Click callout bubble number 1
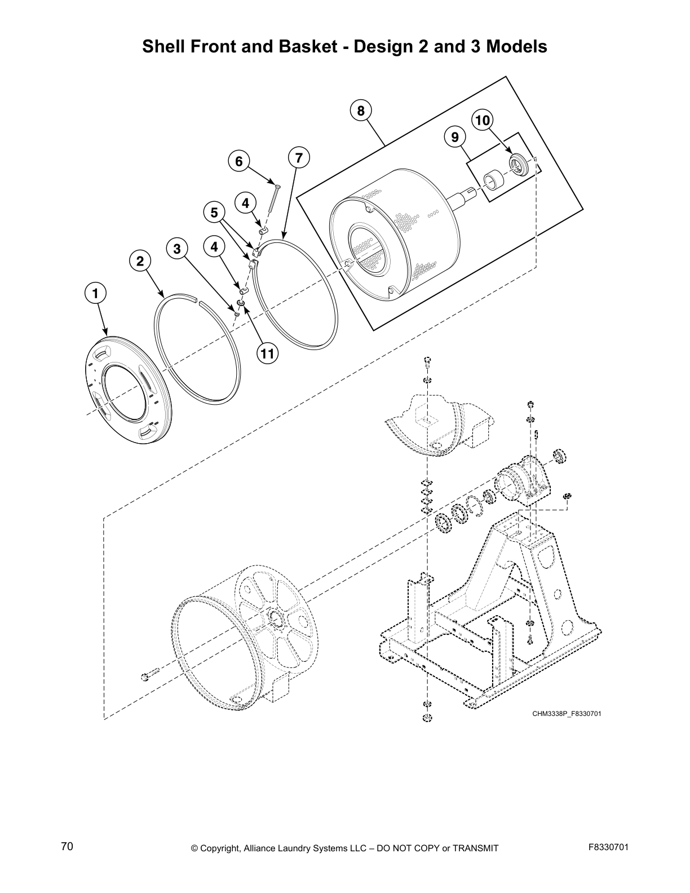[95, 293]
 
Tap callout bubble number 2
[140, 261]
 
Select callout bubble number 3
[177, 249]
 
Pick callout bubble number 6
[238, 161]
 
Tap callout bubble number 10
[483, 120]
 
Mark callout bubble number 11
[267, 353]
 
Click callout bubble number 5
[214, 213]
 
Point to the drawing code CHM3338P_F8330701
[567, 714]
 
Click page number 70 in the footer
[67, 847]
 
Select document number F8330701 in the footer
[608, 847]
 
